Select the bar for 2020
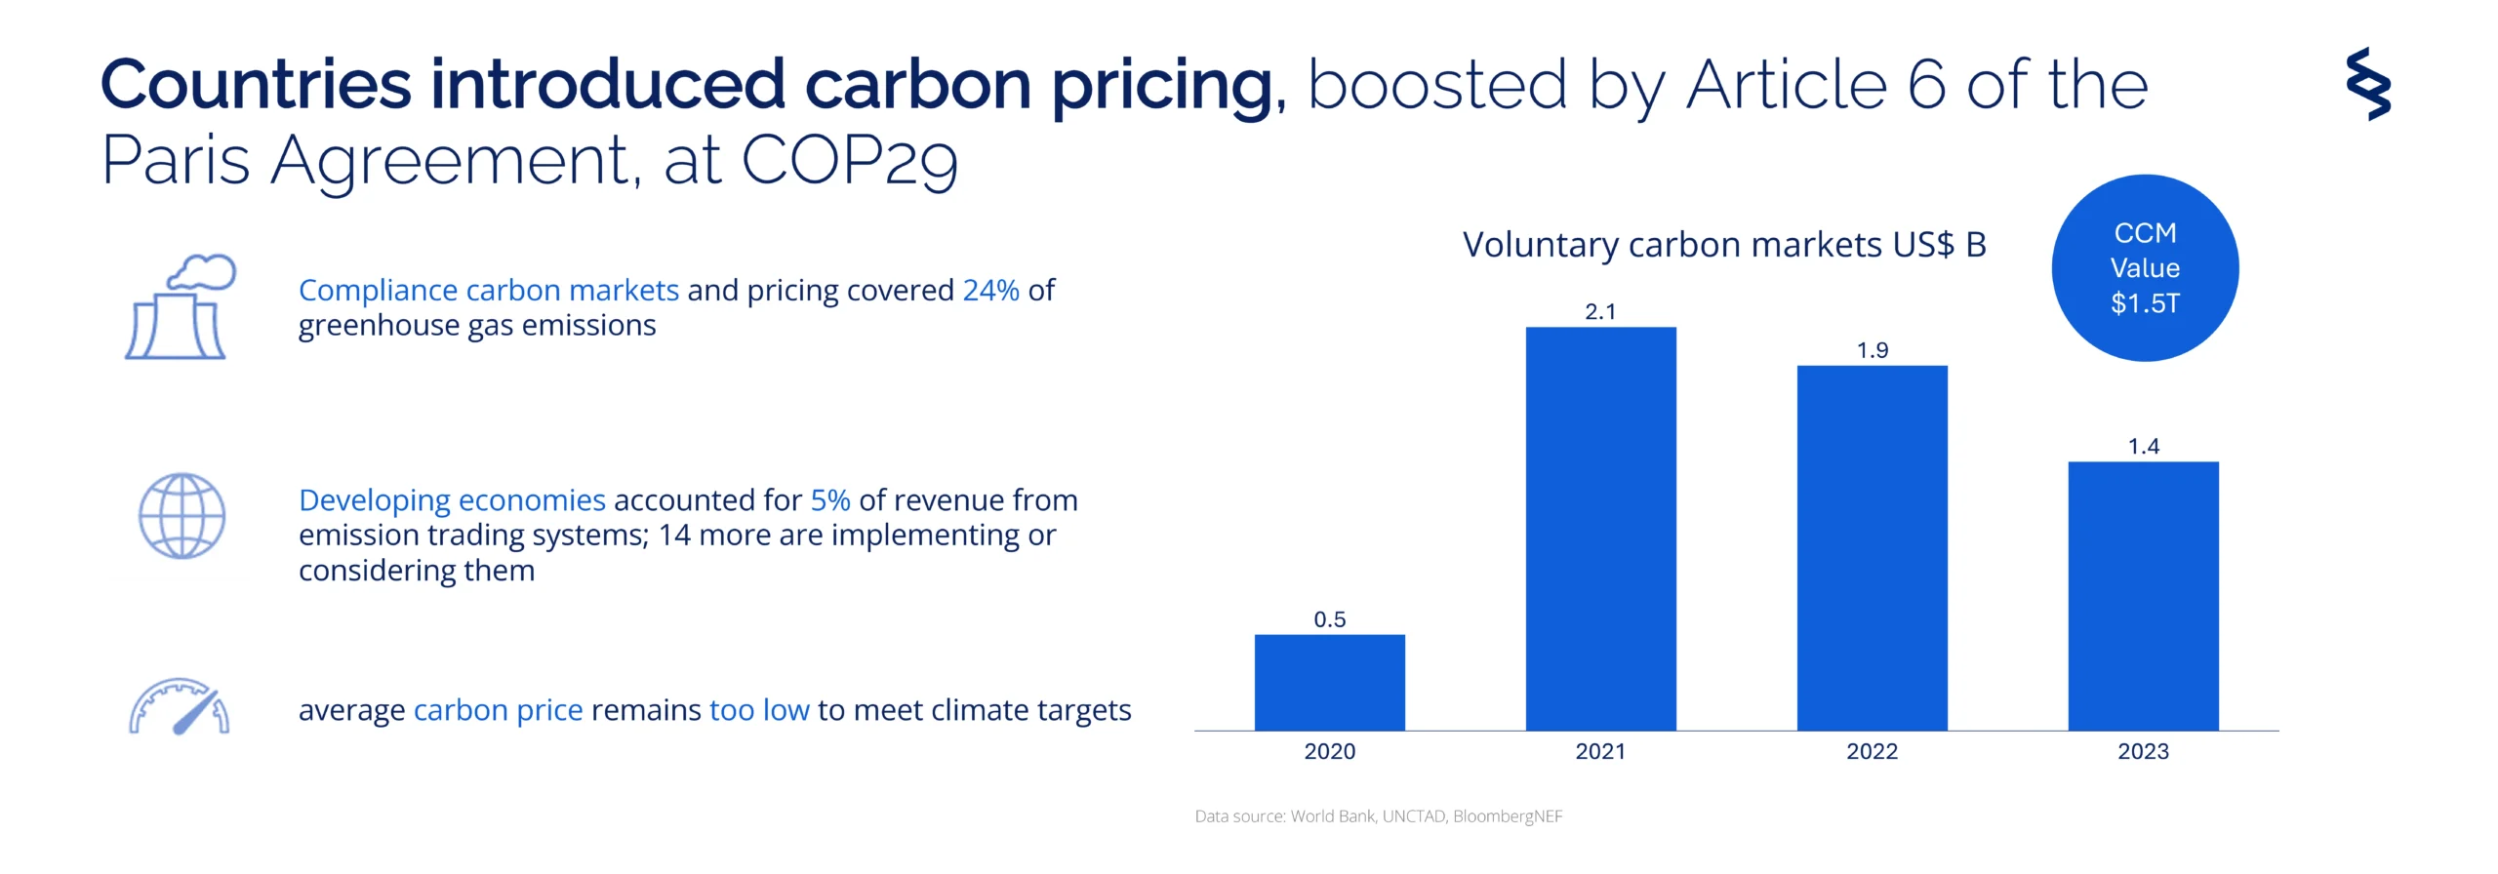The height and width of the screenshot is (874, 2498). [x=1329, y=682]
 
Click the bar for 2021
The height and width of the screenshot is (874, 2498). [x=1600, y=528]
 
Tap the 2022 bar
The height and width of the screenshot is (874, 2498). [x=1872, y=547]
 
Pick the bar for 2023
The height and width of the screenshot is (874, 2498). [x=2143, y=595]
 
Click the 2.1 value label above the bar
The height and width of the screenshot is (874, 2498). [x=1600, y=312]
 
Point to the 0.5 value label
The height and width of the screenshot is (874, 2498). [x=1329, y=619]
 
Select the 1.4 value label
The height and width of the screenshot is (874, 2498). [x=2143, y=447]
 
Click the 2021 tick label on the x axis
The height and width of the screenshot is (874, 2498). [x=1600, y=751]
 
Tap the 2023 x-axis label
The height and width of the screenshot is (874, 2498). [x=2143, y=751]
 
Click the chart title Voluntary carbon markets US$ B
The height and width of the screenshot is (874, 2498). [x=1723, y=245]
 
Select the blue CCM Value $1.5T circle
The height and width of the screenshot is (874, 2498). [x=2145, y=268]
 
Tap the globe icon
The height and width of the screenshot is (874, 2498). [x=181, y=516]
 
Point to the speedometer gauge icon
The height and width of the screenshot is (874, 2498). [x=180, y=706]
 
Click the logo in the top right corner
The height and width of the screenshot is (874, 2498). [x=2368, y=84]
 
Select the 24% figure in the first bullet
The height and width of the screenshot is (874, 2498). [x=990, y=291]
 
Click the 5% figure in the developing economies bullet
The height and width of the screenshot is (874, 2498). [x=830, y=500]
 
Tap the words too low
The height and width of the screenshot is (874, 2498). [x=759, y=710]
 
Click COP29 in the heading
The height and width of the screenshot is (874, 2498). [x=849, y=160]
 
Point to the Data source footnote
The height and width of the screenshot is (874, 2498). [x=1378, y=816]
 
